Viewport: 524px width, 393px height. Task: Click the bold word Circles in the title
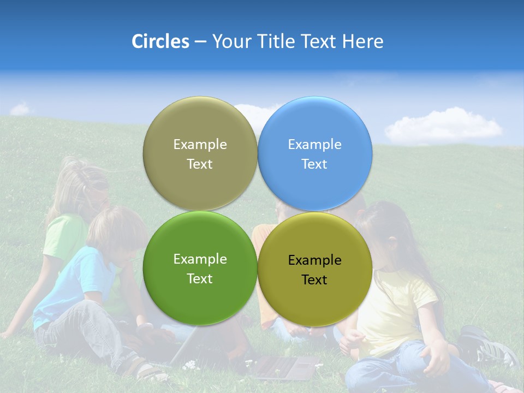[160, 41]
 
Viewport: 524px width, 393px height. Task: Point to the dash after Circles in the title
[200, 42]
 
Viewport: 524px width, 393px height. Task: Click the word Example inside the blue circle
[314, 145]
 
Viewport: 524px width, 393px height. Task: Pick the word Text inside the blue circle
[314, 164]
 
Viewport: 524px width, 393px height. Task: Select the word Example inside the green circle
[200, 259]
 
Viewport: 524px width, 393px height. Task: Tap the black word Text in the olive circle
[314, 280]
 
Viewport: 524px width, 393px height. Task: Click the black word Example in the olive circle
[314, 260]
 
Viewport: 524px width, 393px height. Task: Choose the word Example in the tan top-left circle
[200, 145]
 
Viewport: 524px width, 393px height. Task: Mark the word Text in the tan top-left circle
[200, 164]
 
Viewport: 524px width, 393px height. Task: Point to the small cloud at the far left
[21, 109]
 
